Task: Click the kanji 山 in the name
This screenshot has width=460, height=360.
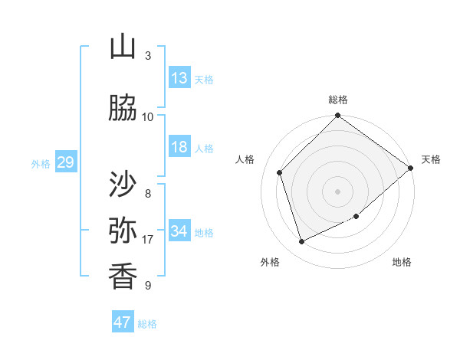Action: click(x=123, y=47)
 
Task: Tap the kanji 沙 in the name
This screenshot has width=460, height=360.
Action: click(x=123, y=185)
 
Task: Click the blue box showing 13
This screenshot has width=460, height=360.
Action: click(x=179, y=78)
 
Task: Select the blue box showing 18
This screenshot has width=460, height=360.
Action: click(x=179, y=147)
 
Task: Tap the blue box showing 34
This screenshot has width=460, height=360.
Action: click(x=179, y=231)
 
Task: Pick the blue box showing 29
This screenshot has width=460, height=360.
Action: click(x=65, y=162)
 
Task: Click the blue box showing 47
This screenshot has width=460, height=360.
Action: click(x=123, y=322)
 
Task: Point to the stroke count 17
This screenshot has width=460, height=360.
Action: click(x=147, y=240)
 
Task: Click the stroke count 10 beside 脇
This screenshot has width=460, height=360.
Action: click(x=147, y=116)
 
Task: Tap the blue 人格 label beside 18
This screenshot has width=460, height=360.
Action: click(x=204, y=149)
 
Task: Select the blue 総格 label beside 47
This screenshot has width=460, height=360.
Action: click(x=147, y=324)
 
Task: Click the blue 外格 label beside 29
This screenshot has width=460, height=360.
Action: click(x=41, y=164)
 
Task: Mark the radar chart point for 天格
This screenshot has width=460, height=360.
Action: click(x=411, y=168)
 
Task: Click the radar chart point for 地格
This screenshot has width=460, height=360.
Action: click(x=356, y=217)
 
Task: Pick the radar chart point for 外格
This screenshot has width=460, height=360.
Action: click(x=302, y=242)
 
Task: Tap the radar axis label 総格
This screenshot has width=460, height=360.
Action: click(x=338, y=100)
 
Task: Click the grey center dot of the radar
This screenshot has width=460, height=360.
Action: click(x=338, y=191)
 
